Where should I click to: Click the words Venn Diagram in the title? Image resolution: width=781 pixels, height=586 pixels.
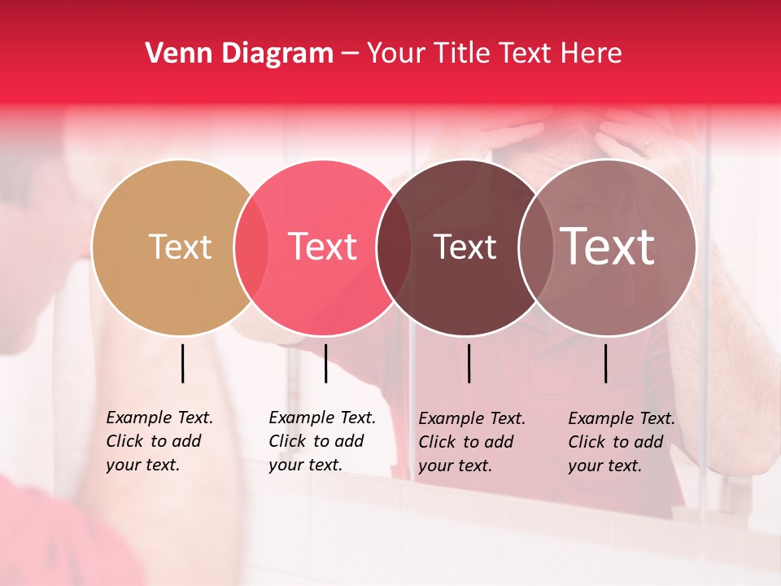pos(239,54)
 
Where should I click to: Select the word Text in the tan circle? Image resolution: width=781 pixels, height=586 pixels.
pos(180,247)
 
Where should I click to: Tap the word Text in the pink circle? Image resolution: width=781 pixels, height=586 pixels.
pos(323,247)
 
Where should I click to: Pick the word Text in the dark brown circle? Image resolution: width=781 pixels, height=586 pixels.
pos(465,247)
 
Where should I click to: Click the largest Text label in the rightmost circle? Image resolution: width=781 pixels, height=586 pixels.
pos(608,247)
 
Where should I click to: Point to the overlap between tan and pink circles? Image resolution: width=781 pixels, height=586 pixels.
pos(251,247)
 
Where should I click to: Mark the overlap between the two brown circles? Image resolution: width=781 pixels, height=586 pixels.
pos(532,247)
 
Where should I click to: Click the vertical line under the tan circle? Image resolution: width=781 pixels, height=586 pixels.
pos(182,363)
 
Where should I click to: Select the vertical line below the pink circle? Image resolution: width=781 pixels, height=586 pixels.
pos(325,363)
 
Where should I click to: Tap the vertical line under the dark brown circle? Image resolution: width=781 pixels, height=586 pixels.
pos(469,363)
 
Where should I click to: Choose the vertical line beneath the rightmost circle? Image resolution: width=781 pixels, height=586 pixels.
pos(605,363)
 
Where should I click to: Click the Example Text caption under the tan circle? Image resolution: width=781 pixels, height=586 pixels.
pos(159,441)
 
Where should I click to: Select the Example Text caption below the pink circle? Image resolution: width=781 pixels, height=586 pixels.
pos(321,441)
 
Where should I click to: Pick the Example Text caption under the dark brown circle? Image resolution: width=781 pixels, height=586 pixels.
pos(471,442)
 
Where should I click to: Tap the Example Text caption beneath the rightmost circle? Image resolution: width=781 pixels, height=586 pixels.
pos(621,442)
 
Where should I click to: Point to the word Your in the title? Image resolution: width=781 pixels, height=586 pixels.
pos(396,54)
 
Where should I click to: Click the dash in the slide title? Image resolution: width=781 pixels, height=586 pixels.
pos(350,55)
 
